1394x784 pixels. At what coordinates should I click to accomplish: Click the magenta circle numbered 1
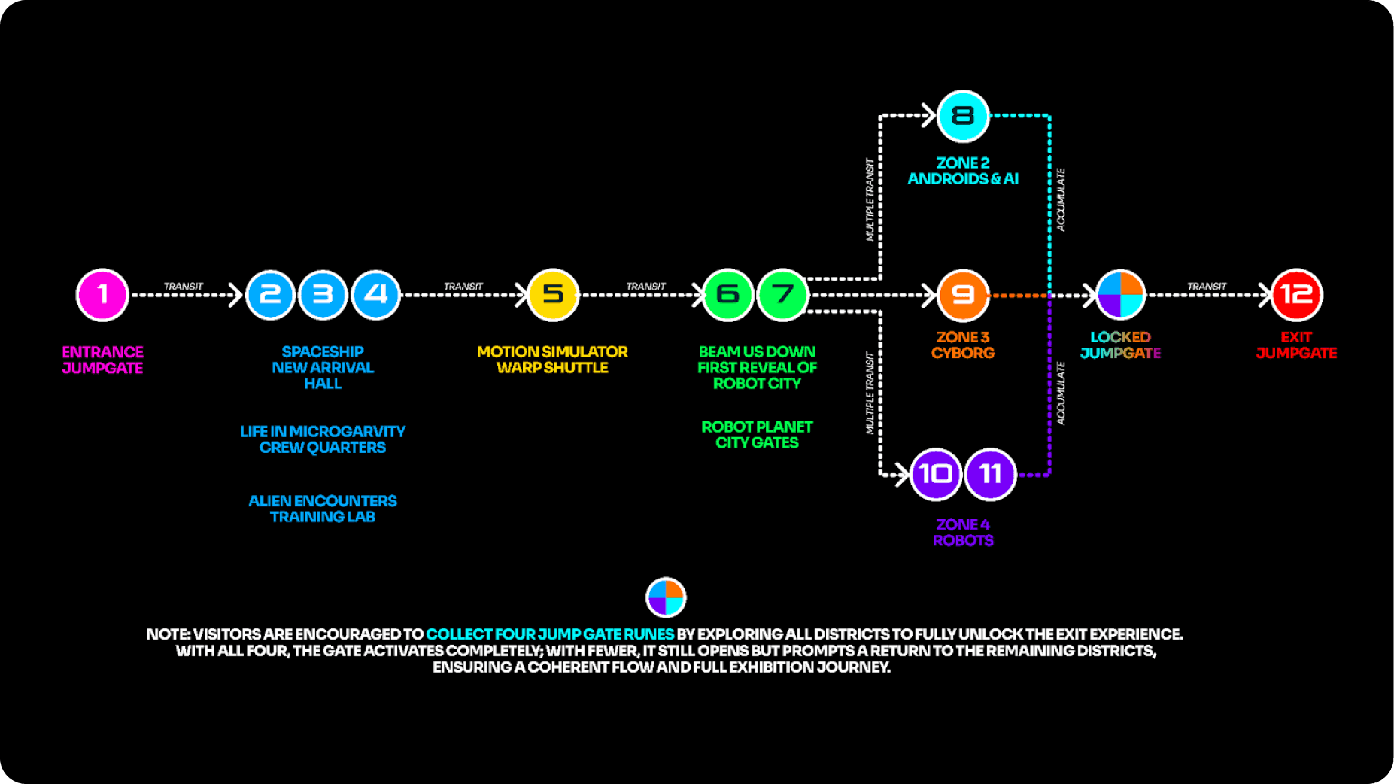click(x=102, y=294)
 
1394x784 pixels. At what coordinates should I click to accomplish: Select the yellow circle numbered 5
click(x=552, y=294)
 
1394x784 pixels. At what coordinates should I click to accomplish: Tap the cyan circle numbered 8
click(x=962, y=116)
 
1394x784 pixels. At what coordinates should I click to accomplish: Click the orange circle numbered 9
click(x=962, y=294)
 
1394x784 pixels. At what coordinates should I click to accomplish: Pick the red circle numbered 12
click(x=1296, y=294)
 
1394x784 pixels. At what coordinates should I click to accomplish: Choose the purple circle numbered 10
click(x=935, y=474)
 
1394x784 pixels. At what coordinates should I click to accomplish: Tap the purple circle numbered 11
click(x=990, y=474)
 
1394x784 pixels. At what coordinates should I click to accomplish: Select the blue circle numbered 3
click(x=323, y=294)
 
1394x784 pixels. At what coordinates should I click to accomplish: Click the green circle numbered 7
click(x=782, y=294)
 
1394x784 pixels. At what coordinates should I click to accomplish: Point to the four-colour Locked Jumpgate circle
click(x=1120, y=294)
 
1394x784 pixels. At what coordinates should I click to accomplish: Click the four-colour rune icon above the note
click(x=666, y=597)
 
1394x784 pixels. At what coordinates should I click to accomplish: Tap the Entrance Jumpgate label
click(x=102, y=360)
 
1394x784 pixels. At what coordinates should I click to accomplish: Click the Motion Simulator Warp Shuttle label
click(x=552, y=360)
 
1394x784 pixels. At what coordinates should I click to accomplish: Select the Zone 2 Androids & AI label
click(x=962, y=171)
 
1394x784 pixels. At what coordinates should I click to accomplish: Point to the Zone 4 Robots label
click(x=962, y=532)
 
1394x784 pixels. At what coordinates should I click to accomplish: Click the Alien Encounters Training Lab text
click(x=323, y=509)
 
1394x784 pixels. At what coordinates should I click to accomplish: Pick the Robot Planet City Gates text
click(x=757, y=435)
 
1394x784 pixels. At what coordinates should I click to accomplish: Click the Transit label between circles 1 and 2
click(x=184, y=287)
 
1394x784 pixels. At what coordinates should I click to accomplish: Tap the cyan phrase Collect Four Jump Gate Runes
click(x=550, y=634)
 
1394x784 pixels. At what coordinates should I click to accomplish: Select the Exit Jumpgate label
click(x=1296, y=345)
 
